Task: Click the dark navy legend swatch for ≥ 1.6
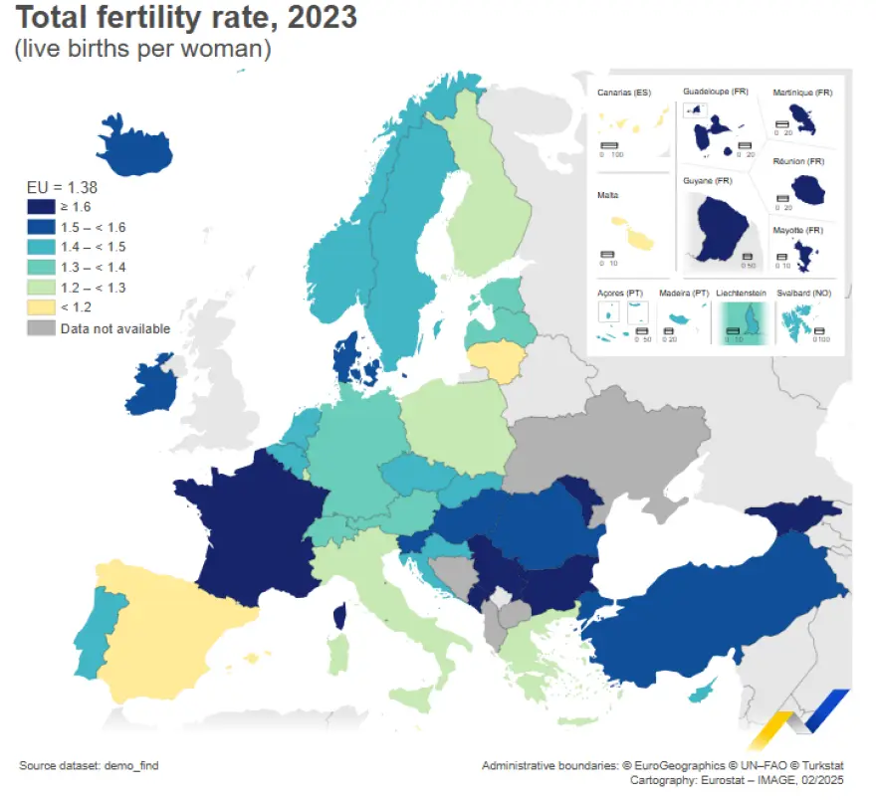pos(41,206)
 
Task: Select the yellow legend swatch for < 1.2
pos(41,308)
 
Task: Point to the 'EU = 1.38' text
pos(62,186)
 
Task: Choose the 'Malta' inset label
pos(608,195)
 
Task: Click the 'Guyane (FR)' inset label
pos(708,181)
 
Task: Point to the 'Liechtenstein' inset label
pos(743,294)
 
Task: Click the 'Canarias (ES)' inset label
pos(624,93)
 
